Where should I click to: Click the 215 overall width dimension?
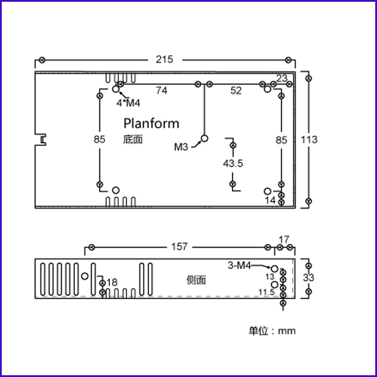[x=165, y=60]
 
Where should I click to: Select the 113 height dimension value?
[x=309, y=139]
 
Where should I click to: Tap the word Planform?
[x=151, y=123]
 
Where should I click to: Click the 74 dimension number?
[x=161, y=90]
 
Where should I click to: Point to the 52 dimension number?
[x=236, y=90]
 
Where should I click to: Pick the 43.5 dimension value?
[x=232, y=163]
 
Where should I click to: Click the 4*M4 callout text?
[x=128, y=103]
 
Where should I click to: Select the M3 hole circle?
[x=204, y=138]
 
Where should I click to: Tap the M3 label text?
[x=181, y=147]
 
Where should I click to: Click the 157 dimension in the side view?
[x=179, y=247]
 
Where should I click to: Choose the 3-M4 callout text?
[x=239, y=266]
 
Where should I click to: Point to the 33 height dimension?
[x=309, y=278]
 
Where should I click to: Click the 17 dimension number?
[x=284, y=240]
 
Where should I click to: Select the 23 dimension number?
[x=281, y=79]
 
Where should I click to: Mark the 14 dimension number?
[x=270, y=200]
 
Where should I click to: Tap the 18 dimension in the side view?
[x=112, y=283]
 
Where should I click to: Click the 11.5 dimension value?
[x=266, y=292]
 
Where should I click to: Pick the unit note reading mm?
[x=287, y=331]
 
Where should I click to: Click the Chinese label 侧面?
[x=196, y=280]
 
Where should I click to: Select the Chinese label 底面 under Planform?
[x=133, y=139]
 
